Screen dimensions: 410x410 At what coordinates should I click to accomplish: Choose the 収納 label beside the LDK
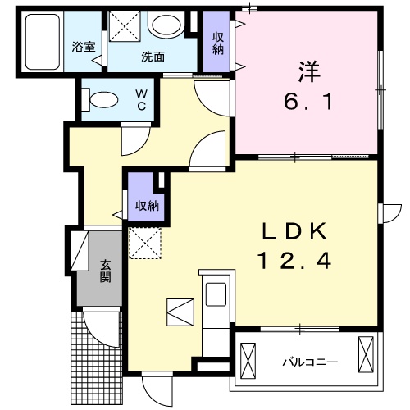[x=147, y=204]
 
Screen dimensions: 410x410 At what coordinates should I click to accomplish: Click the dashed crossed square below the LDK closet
[x=146, y=243]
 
